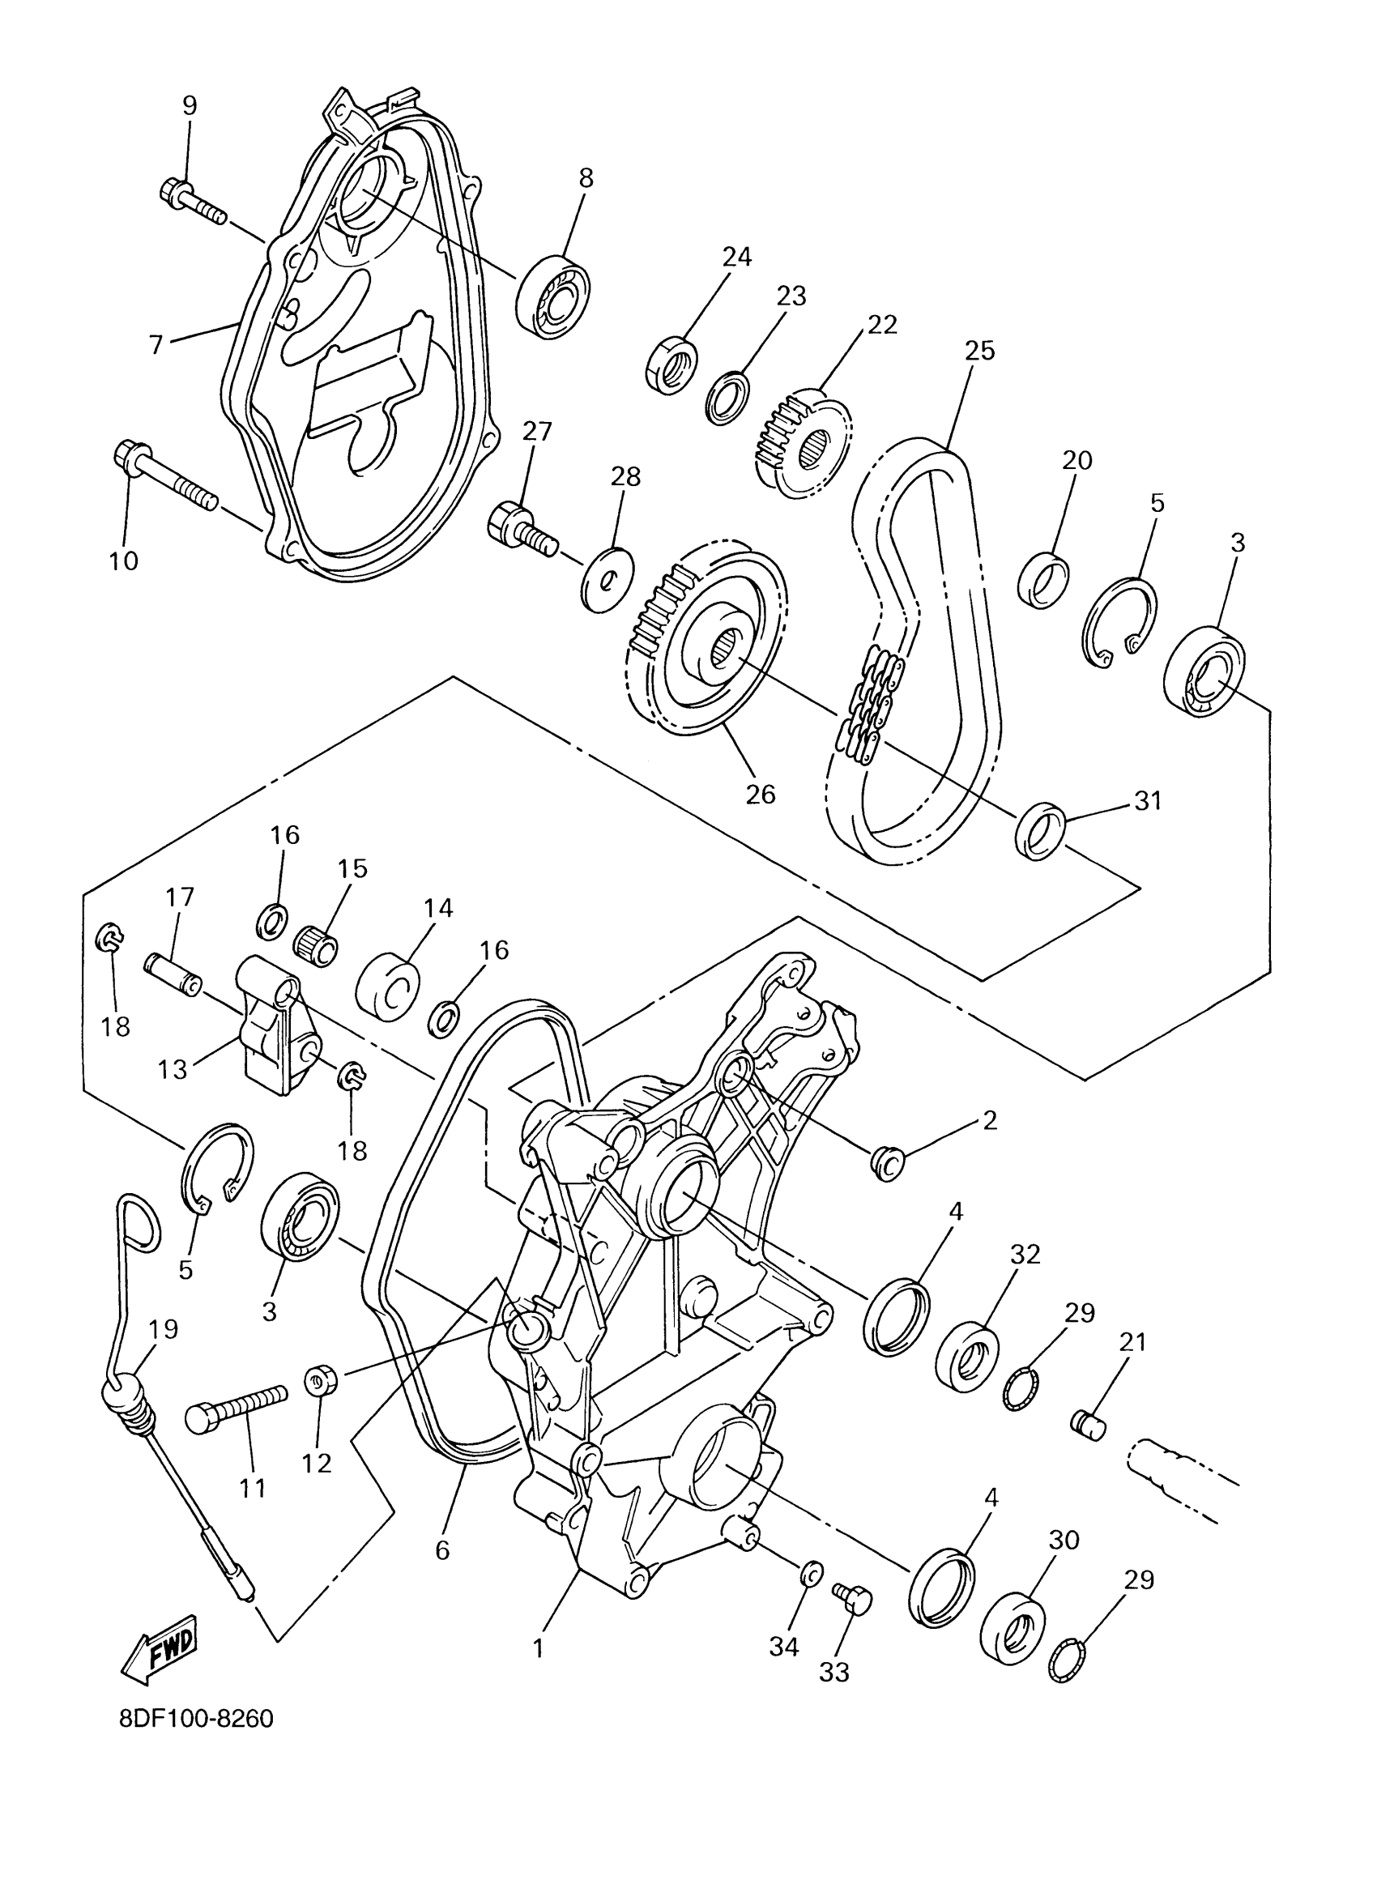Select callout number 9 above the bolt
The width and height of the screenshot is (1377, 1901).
190,105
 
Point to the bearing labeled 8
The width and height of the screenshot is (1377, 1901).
553,293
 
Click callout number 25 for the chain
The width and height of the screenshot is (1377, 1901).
979,351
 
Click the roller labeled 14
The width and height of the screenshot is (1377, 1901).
388,987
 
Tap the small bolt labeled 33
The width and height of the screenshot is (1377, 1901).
853,1597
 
